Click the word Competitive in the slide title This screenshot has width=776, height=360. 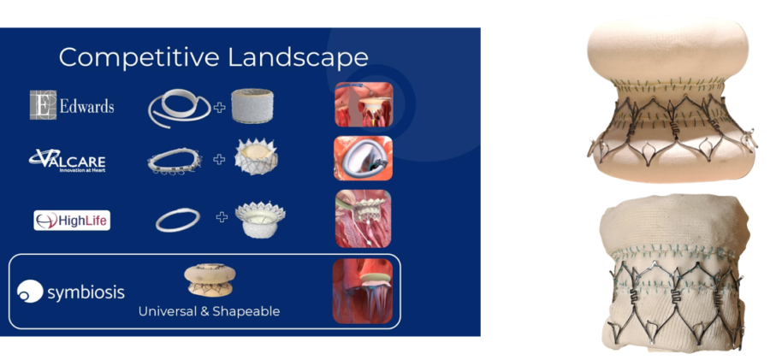point(139,57)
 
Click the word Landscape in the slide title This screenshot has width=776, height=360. point(298,57)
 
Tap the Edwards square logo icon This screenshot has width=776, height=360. point(43,105)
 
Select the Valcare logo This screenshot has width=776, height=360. point(67,161)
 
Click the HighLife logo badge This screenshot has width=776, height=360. point(72,220)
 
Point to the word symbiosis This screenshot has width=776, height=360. point(86,292)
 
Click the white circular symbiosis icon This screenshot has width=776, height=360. point(30,291)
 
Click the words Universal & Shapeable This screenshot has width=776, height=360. point(209,311)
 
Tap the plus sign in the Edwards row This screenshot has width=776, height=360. point(219,107)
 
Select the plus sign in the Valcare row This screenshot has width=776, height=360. point(219,159)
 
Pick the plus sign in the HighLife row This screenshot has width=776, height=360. point(222,216)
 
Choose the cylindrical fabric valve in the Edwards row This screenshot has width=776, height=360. point(252,106)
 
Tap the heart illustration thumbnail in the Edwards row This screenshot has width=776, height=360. point(364,104)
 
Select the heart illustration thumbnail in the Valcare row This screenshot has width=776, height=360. point(364,158)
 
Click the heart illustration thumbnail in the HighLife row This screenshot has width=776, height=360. point(364,219)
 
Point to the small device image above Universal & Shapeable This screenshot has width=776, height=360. point(210,280)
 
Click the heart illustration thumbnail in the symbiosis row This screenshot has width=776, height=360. point(363,292)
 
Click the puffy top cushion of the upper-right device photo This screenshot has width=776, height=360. point(667,49)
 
